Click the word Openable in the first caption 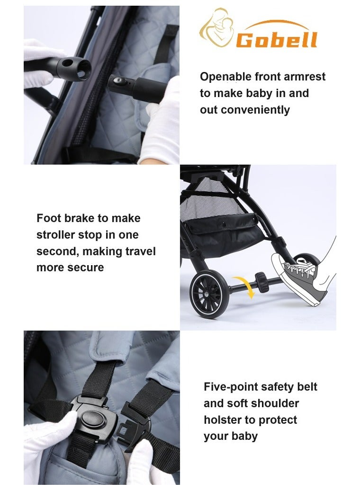(x=225, y=77)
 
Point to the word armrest (x=305, y=77)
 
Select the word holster (x=222, y=420)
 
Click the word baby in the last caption (x=244, y=436)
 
